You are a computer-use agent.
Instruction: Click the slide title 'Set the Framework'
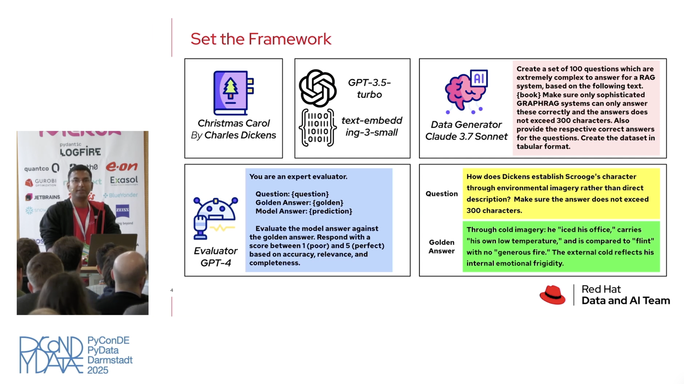(x=261, y=39)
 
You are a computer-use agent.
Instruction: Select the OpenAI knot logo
(x=318, y=88)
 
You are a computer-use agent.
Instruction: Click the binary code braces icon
(x=318, y=128)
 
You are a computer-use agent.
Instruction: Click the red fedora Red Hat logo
(x=552, y=295)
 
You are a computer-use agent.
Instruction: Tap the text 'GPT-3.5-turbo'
(x=369, y=88)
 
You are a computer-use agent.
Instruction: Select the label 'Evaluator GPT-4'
(x=216, y=257)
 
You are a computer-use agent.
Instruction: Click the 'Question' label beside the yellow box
(x=442, y=194)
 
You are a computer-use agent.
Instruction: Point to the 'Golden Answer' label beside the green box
(x=442, y=247)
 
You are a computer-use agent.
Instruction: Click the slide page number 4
(x=172, y=290)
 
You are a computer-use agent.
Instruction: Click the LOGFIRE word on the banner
(x=80, y=152)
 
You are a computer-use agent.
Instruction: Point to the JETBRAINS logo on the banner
(x=43, y=197)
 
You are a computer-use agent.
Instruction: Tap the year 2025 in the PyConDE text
(x=98, y=370)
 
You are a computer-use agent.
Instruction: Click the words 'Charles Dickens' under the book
(x=240, y=135)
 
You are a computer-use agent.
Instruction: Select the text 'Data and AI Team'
(x=626, y=301)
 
